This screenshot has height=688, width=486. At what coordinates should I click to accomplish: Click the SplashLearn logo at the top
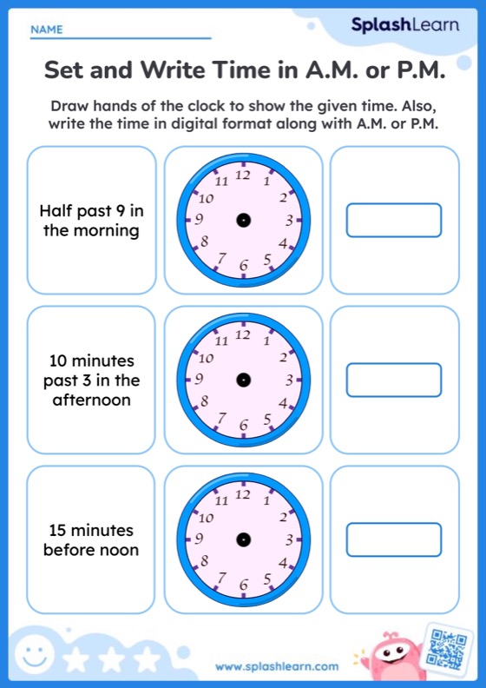point(404,25)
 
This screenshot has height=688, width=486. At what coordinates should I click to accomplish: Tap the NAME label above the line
point(47,30)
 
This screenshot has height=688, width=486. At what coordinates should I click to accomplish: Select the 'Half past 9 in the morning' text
point(90,221)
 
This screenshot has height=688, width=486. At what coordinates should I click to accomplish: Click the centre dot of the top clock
point(243,220)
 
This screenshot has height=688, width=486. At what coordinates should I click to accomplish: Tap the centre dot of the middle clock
point(243,380)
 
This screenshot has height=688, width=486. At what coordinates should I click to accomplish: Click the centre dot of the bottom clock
point(243,539)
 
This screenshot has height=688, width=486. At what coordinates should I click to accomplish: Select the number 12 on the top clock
point(243,175)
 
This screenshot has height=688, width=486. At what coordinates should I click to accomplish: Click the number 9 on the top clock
point(200,220)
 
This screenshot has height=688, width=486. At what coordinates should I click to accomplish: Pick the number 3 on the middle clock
point(288,380)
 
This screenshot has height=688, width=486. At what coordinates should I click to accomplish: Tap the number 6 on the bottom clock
point(244,585)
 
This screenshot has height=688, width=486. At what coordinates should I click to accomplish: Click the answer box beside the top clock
point(394,220)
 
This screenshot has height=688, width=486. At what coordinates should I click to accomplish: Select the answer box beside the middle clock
point(394,380)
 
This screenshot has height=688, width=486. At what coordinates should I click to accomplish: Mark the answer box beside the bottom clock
point(394,539)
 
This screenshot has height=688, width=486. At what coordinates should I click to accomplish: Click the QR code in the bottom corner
point(449,648)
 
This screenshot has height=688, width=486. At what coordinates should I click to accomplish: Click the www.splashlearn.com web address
point(277,666)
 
